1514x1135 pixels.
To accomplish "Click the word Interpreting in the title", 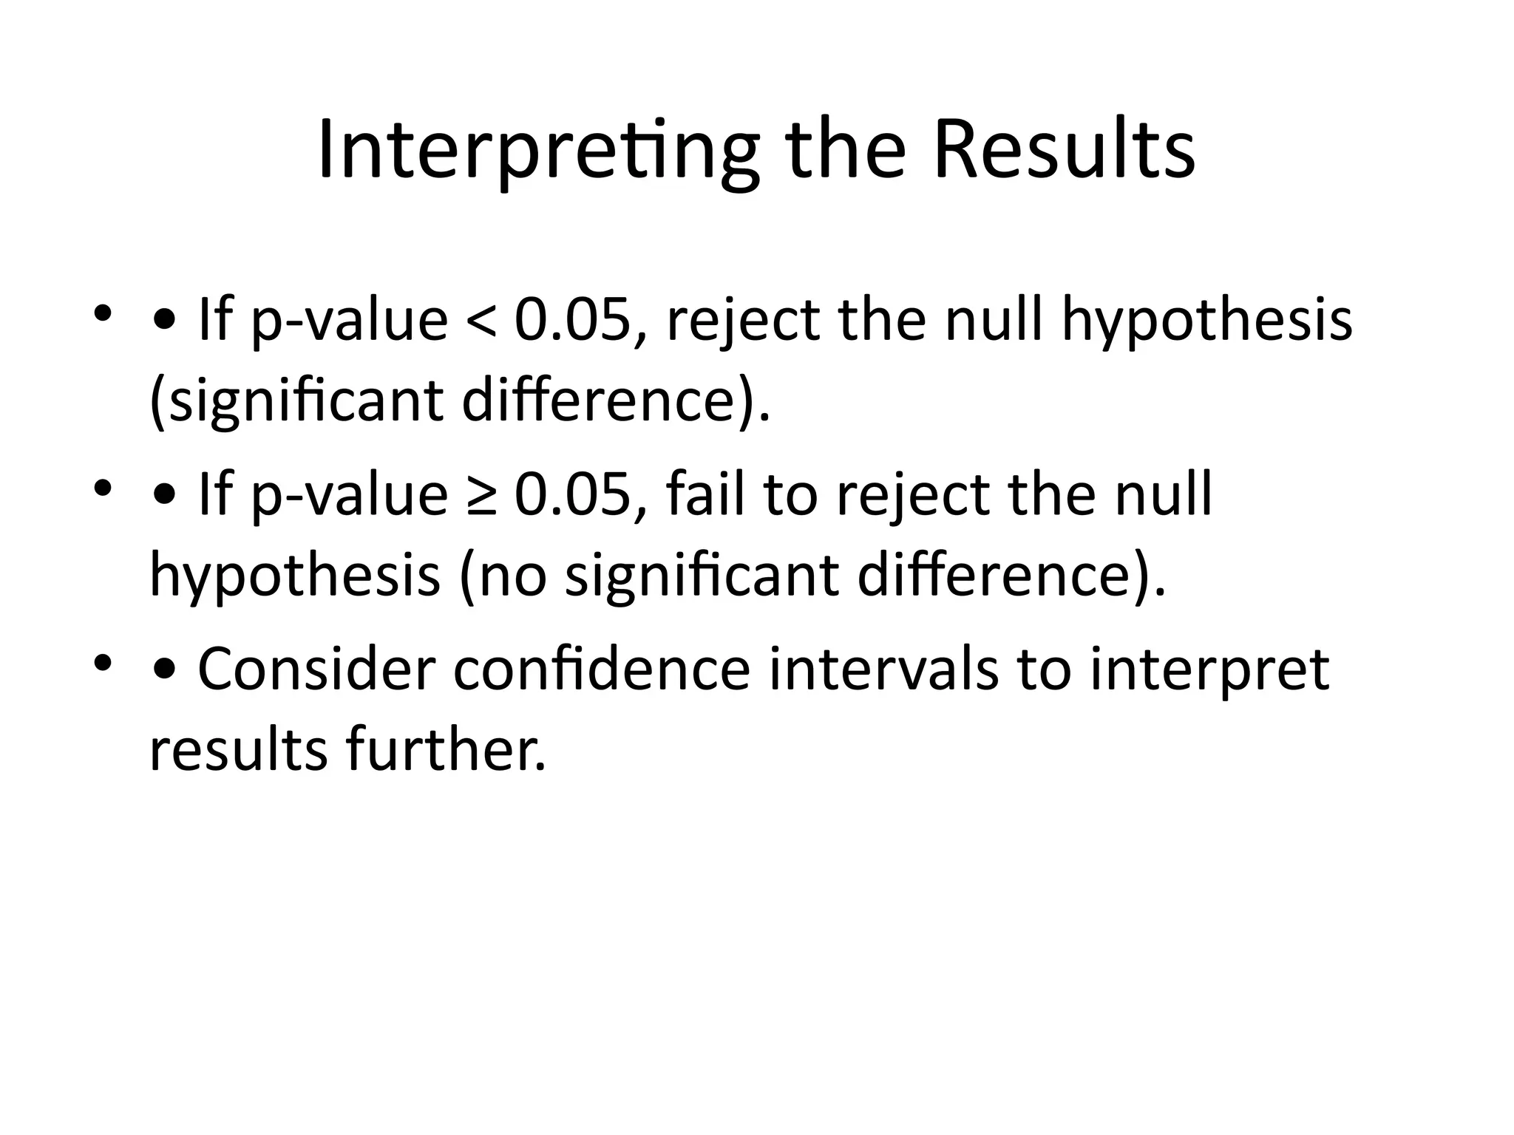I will click(538, 151).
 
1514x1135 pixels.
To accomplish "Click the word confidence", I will click(602, 669).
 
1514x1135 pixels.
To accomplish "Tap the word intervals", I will click(883, 669).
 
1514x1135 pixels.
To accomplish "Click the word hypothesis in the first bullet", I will click(1206, 322).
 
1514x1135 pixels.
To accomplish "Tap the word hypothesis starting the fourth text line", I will click(295, 577).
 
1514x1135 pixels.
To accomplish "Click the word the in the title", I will click(846, 151).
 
